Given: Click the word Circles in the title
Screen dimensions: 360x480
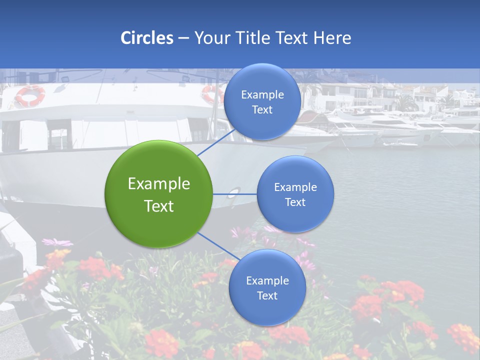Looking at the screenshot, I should pos(147,38).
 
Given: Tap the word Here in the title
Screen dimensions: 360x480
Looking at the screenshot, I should pos(332,38).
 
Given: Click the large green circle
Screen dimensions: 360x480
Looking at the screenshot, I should pos(159,194).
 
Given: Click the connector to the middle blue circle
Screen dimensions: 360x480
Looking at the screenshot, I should pos(234,194).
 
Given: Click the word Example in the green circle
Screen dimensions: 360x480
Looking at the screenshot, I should pos(159,184).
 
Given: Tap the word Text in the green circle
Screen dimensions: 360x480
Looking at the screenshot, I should pos(159,206).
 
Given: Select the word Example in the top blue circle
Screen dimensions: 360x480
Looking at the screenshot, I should pos(262,95).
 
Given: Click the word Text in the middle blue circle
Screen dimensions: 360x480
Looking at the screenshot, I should pos(295,202).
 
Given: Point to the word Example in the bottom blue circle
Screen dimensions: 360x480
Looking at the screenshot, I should pos(267,280).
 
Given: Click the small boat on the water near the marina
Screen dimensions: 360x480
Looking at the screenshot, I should pos(400,144).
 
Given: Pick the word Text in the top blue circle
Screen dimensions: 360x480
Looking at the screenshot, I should pos(262,110).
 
